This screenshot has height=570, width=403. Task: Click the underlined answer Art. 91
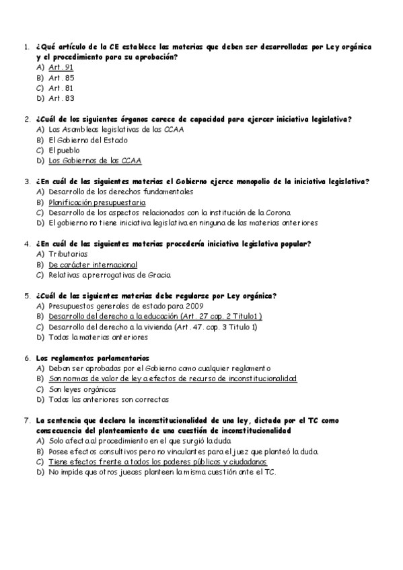click(x=61, y=67)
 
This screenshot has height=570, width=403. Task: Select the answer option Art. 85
click(x=61, y=77)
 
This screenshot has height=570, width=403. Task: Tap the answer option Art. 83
click(x=61, y=98)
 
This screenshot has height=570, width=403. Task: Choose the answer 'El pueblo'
click(x=64, y=151)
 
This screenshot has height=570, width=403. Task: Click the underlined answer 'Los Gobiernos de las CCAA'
click(x=96, y=161)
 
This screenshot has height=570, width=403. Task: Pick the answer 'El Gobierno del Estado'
click(x=88, y=140)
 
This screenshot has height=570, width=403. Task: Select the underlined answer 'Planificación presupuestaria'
click(x=97, y=202)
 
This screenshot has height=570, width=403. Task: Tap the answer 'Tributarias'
click(x=68, y=254)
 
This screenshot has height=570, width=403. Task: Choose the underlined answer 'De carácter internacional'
click(x=93, y=265)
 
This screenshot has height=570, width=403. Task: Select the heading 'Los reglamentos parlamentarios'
click(x=92, y=358)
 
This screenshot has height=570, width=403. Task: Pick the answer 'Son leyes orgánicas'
click(x=82, y=389)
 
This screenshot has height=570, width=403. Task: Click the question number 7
click(x=26, y=420)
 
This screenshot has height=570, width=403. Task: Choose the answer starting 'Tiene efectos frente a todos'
click(x=157, y=462)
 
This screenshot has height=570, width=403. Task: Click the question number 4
click(x=26, y=243)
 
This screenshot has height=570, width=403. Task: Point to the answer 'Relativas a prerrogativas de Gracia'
click(x=110, y=275)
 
